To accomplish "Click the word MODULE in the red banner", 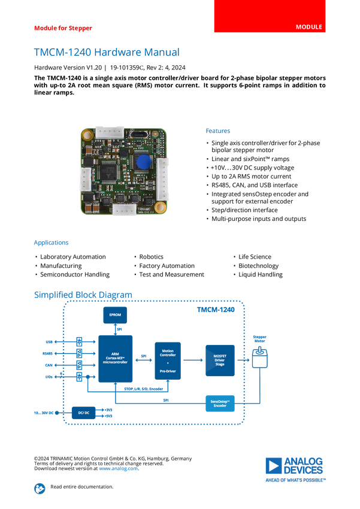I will click(309, 28).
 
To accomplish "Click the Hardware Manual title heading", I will click(106, 53).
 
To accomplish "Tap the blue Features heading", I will click(219, 131).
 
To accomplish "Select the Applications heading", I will click(51, 243).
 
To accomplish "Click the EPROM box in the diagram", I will click(115, 314).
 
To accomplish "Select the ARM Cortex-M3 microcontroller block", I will click(115, 359).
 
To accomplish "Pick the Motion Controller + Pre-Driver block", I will click(168, 359).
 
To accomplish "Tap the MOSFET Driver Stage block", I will click(220, 360).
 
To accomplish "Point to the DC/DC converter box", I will click(83, 413).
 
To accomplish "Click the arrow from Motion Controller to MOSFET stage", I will click(193, 360).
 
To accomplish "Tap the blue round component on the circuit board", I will click(143, 162).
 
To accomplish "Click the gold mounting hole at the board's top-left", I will click(87, 135).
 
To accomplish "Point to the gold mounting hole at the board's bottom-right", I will click(160, 208).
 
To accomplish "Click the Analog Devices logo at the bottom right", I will click(296, 468).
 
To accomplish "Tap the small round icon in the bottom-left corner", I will click(39, 488).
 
